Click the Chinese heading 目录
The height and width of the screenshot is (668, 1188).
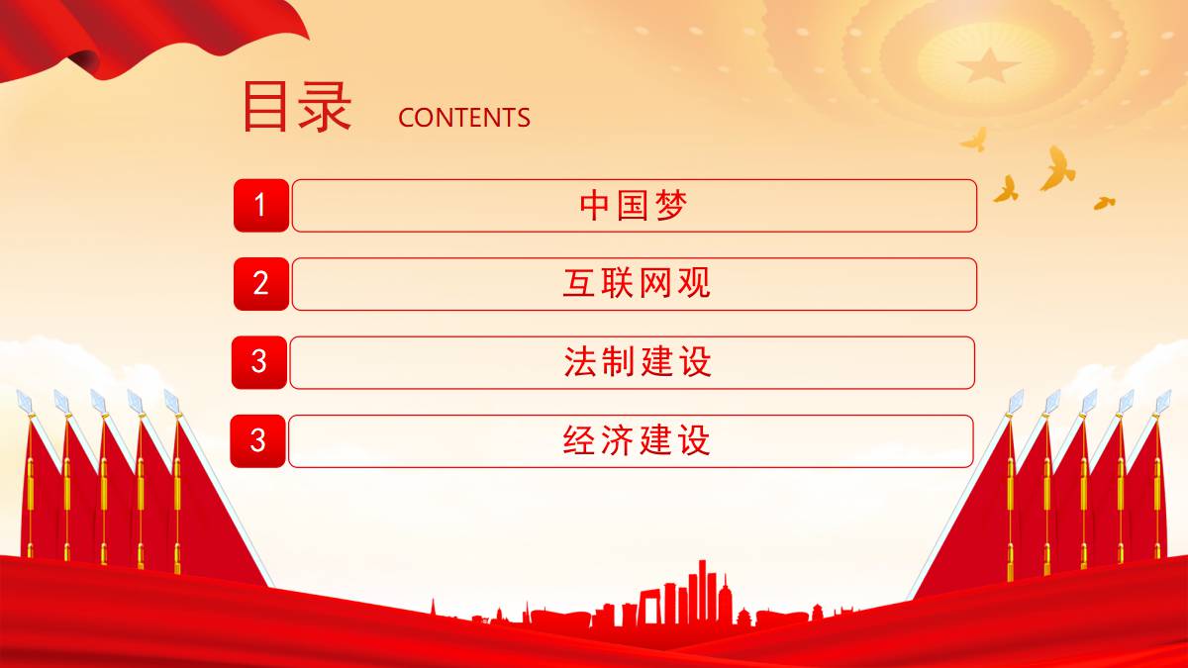pos(297,106)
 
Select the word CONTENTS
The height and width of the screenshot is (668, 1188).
pos(464,118)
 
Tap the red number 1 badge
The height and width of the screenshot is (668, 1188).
pos(261,205)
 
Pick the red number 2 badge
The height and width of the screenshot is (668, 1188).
pos(261,284)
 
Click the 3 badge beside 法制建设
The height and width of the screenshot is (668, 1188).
pos(259,362)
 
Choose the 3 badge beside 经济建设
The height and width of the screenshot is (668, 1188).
pos(257,440)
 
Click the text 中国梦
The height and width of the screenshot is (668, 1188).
pos(634,206)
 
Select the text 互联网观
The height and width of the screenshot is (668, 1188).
pos(637,284)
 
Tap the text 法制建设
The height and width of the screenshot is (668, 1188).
pos(638,362)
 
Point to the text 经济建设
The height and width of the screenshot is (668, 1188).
pos(637,440)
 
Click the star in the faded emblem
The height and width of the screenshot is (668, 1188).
pos(988,65)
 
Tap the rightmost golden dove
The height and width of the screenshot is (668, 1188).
pos(1104,203)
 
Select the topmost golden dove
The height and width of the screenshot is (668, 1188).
pos(974,140)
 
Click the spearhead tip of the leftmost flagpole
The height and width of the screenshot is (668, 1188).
pos(18,392)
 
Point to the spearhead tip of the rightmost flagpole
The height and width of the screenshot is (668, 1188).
pos(1170,391)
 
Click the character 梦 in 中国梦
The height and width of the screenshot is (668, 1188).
pos(671,206)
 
